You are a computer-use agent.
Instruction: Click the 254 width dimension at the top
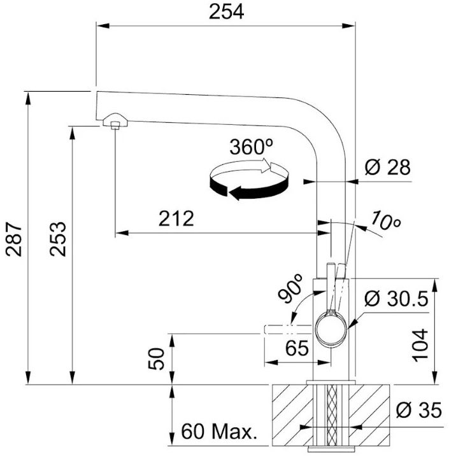click(227, 12)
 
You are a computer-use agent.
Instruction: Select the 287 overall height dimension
click(14, 239)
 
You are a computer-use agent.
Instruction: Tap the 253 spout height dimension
click(58, 239)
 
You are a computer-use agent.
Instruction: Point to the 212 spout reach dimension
click(176, 218)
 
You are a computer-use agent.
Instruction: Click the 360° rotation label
click(252, 146)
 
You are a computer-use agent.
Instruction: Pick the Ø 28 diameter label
click(388, 167)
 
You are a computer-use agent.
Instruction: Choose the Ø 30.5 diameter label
click(396, 299)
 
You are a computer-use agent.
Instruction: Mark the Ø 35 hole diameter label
click(419, 410)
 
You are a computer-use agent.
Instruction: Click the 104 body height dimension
click(420, 345)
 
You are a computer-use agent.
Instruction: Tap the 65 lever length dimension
click(297, 348)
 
